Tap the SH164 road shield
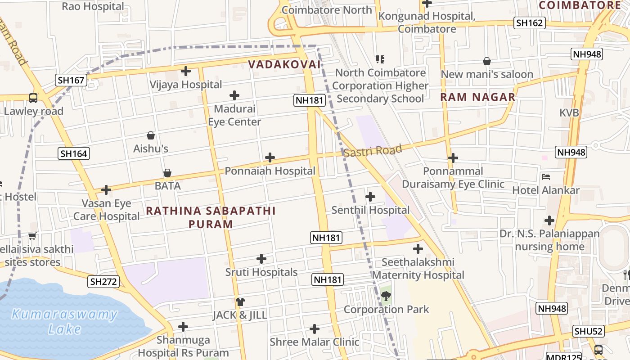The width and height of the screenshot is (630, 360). (74, 153)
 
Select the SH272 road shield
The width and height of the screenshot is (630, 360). (104, 282)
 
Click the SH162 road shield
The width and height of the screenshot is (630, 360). (530, 23)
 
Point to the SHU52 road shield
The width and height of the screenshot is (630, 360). (589, 332)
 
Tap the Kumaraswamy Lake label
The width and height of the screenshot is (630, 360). (64, 321)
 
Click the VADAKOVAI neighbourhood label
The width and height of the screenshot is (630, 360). (284, 64)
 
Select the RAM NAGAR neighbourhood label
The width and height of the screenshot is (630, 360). (477, 97)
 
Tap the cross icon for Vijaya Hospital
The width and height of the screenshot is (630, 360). (186, 71)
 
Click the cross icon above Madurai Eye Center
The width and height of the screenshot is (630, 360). (234, 95)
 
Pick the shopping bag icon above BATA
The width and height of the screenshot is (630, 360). (167, 173)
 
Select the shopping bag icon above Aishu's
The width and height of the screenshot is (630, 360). (151, 135)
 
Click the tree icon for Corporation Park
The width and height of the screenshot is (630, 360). (386, 296)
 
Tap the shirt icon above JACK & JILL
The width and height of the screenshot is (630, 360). (240, 301)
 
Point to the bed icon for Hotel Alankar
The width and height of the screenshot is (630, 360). (546, 177)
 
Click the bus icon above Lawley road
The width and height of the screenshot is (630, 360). (33, 98)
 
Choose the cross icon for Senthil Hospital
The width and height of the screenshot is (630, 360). (370, 197)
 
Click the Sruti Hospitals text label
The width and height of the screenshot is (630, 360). (261, 272)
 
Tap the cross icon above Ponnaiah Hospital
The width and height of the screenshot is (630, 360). (270, 157)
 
